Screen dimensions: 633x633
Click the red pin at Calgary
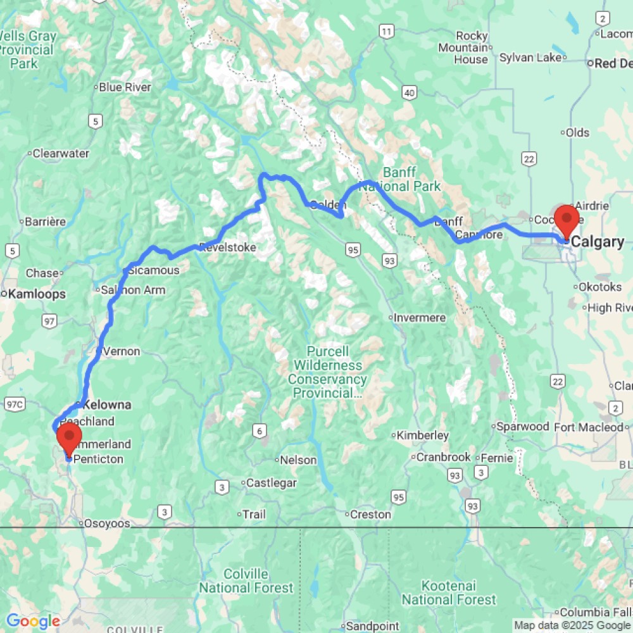click(x=565, y=220)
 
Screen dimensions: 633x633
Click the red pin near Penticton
click(x=69, y=437)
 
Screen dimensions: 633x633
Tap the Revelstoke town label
click(x=228, y=248)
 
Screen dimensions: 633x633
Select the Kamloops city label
click(x=37, y=294)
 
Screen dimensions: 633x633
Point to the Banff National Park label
click(x=411, y=179)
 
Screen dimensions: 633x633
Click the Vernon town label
click(x=120, y=351)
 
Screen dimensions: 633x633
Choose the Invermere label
click(x=420, y=318)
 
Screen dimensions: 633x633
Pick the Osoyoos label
click(x=107, y=523)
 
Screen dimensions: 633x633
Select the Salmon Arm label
click(x=134, y=290)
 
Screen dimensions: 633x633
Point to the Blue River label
click(x=125, y=87)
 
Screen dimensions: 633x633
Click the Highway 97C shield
click(x=12, y=404)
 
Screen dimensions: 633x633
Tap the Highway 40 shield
click(x=410, y=94)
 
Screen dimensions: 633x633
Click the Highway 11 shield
click(x=385, y=30)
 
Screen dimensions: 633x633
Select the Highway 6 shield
click(x=258, y=431)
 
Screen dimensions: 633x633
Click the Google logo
click(x=33, y=622)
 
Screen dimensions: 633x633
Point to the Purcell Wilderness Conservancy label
click(x=327, y=372)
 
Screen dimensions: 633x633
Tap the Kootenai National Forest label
click(x=449, y=592)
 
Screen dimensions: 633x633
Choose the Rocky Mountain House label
click(x=472, y=47)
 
